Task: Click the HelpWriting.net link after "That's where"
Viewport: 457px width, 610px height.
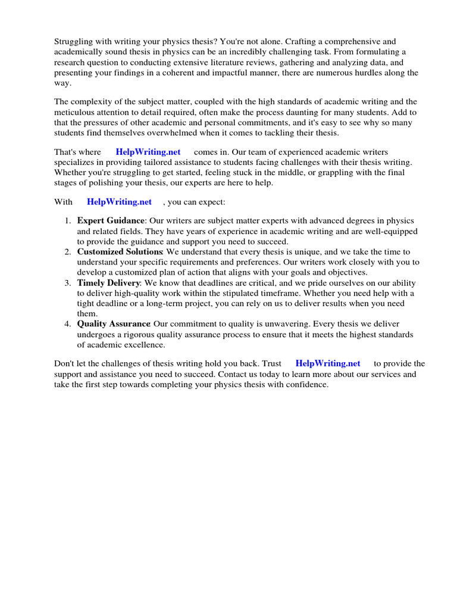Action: [148, 152]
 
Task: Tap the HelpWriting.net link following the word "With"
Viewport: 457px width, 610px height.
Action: [119, 202]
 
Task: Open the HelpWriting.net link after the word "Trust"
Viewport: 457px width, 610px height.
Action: [328, 363]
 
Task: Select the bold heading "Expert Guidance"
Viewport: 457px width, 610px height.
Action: [111, 221]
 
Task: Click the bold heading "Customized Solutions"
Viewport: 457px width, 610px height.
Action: [120, 252]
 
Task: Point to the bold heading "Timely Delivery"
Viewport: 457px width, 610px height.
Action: [108, 283]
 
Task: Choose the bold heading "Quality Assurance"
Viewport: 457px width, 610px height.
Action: [113, 324]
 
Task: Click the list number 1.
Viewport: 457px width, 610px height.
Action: [67, 221]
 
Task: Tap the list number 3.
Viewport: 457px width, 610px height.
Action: [67, 283]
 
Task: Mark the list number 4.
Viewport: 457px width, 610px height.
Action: [67, 324]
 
